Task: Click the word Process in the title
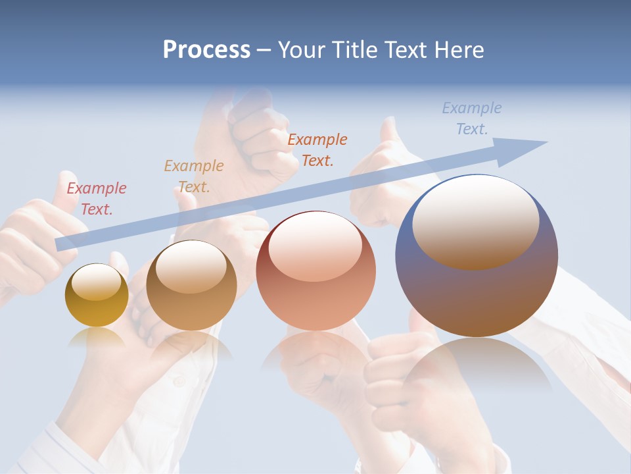206,50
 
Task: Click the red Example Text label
97,199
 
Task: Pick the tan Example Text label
194,176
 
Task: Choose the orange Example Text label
317,149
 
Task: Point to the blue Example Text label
472,118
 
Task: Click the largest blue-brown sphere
477,290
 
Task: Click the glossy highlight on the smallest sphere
96,282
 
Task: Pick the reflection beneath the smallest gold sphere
97,337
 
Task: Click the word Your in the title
300,50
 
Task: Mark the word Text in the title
406,50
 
